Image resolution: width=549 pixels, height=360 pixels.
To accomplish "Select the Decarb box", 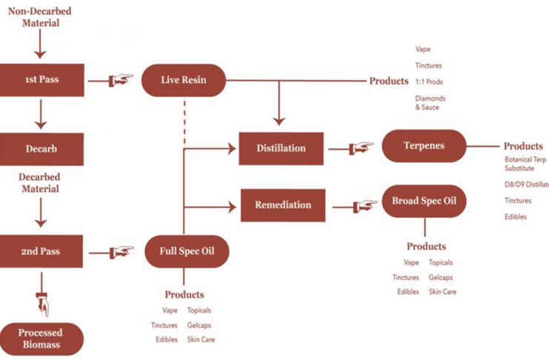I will (x=41, y=148).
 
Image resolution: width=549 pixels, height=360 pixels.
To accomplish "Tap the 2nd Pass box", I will (x=41, y=251).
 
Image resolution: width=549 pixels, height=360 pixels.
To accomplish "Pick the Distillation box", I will (x=281, y=148).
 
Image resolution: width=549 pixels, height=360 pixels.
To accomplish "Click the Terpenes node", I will (x=424, y=146).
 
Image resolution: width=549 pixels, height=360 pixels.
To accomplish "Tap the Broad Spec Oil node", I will (x=424, y=201).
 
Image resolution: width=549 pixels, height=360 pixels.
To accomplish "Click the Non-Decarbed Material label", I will (x=41, y=17).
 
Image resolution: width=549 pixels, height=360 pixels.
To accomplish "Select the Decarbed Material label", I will (x=41, y=184).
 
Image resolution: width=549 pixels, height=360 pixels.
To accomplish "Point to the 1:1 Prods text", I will (x=429, y=81).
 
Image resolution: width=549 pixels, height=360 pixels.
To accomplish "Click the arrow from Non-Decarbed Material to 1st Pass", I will (x=41, y=45).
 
